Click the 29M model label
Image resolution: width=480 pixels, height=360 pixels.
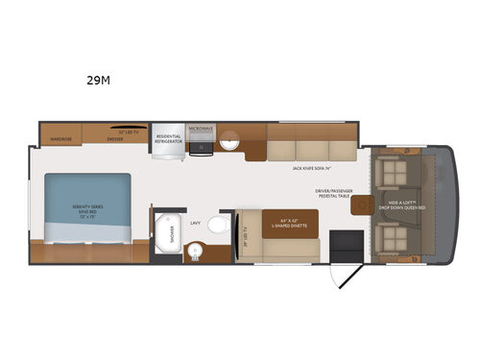tap(99, 81)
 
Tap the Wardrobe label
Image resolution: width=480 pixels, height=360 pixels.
tap(60, 139)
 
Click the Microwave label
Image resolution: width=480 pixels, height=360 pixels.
tap(200, 129)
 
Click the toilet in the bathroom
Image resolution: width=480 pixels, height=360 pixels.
tap(219, 228)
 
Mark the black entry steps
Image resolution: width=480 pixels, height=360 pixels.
tap(340, 244)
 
